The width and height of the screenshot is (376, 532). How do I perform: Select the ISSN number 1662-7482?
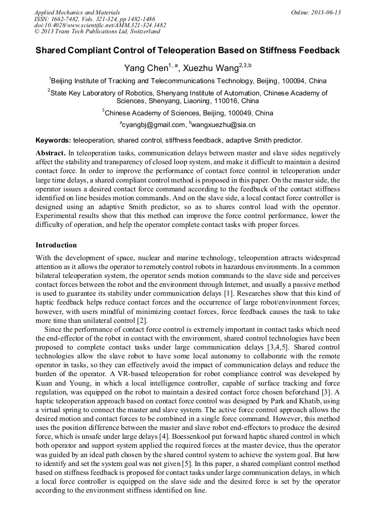coord(68,19)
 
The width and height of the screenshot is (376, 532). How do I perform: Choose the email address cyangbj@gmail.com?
coord(154,125)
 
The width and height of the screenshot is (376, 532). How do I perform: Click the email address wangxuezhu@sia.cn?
coord(223,125)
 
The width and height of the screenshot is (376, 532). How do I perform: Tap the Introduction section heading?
coord(56,245)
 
